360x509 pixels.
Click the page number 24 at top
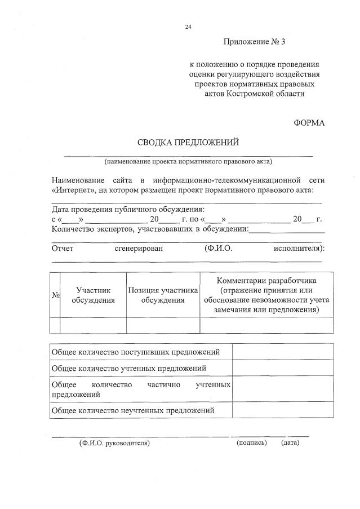pos(189,26)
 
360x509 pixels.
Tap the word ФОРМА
pos(309,122)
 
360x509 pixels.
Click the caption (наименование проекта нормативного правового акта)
pos(188,162)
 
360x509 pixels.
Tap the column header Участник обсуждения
pos(93,295)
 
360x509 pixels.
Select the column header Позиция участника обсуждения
pos(163,295)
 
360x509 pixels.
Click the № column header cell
pos(55,295)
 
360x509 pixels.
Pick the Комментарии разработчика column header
pos(266,295)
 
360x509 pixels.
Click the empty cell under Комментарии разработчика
pos(266,326)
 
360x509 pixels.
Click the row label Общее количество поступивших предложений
pos(135,352)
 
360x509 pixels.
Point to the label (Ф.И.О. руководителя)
pos(114,443)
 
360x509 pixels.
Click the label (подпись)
pos(252,443)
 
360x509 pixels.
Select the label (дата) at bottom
pos(290,443)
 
